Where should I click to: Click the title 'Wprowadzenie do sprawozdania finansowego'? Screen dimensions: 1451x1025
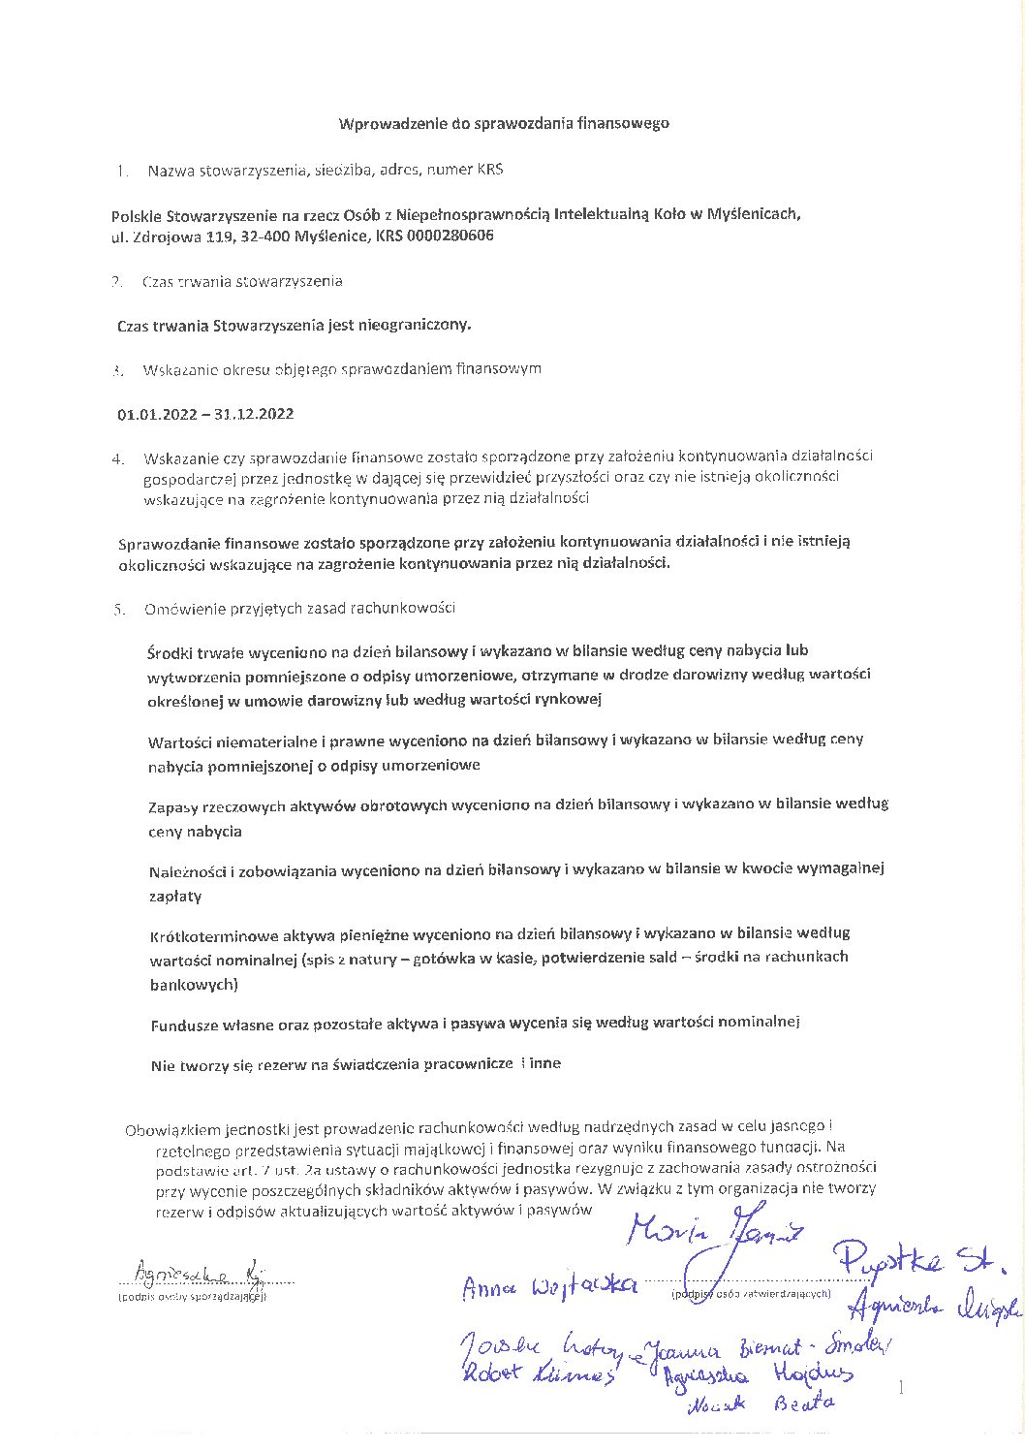point(503,123)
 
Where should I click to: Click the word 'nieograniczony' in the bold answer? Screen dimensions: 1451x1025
point(414,325)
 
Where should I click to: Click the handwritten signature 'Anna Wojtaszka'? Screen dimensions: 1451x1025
point(549,1285)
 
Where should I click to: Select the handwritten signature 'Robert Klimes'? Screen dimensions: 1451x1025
point(538,1372)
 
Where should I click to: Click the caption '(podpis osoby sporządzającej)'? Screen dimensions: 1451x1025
point(192,1296)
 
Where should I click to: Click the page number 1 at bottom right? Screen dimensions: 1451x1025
point(901,1388)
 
